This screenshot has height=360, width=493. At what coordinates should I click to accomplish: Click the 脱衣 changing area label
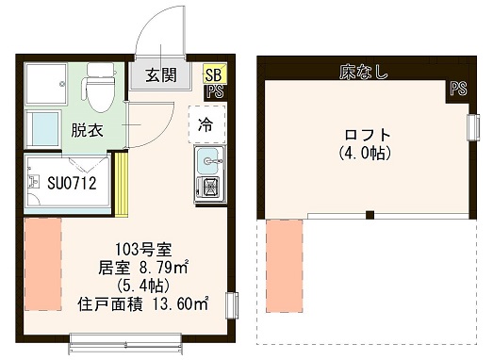[x=87, y=130]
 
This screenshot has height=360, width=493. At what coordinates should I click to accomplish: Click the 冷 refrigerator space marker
[x=207, y=123]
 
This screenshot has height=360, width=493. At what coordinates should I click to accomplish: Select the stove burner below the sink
[x=207, y=188]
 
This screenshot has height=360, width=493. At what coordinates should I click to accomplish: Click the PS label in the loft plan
[x=457, y=90]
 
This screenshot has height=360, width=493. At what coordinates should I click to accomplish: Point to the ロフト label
[x=364, y=134]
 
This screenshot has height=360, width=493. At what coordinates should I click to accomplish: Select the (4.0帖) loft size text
[x=364, y=152]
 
